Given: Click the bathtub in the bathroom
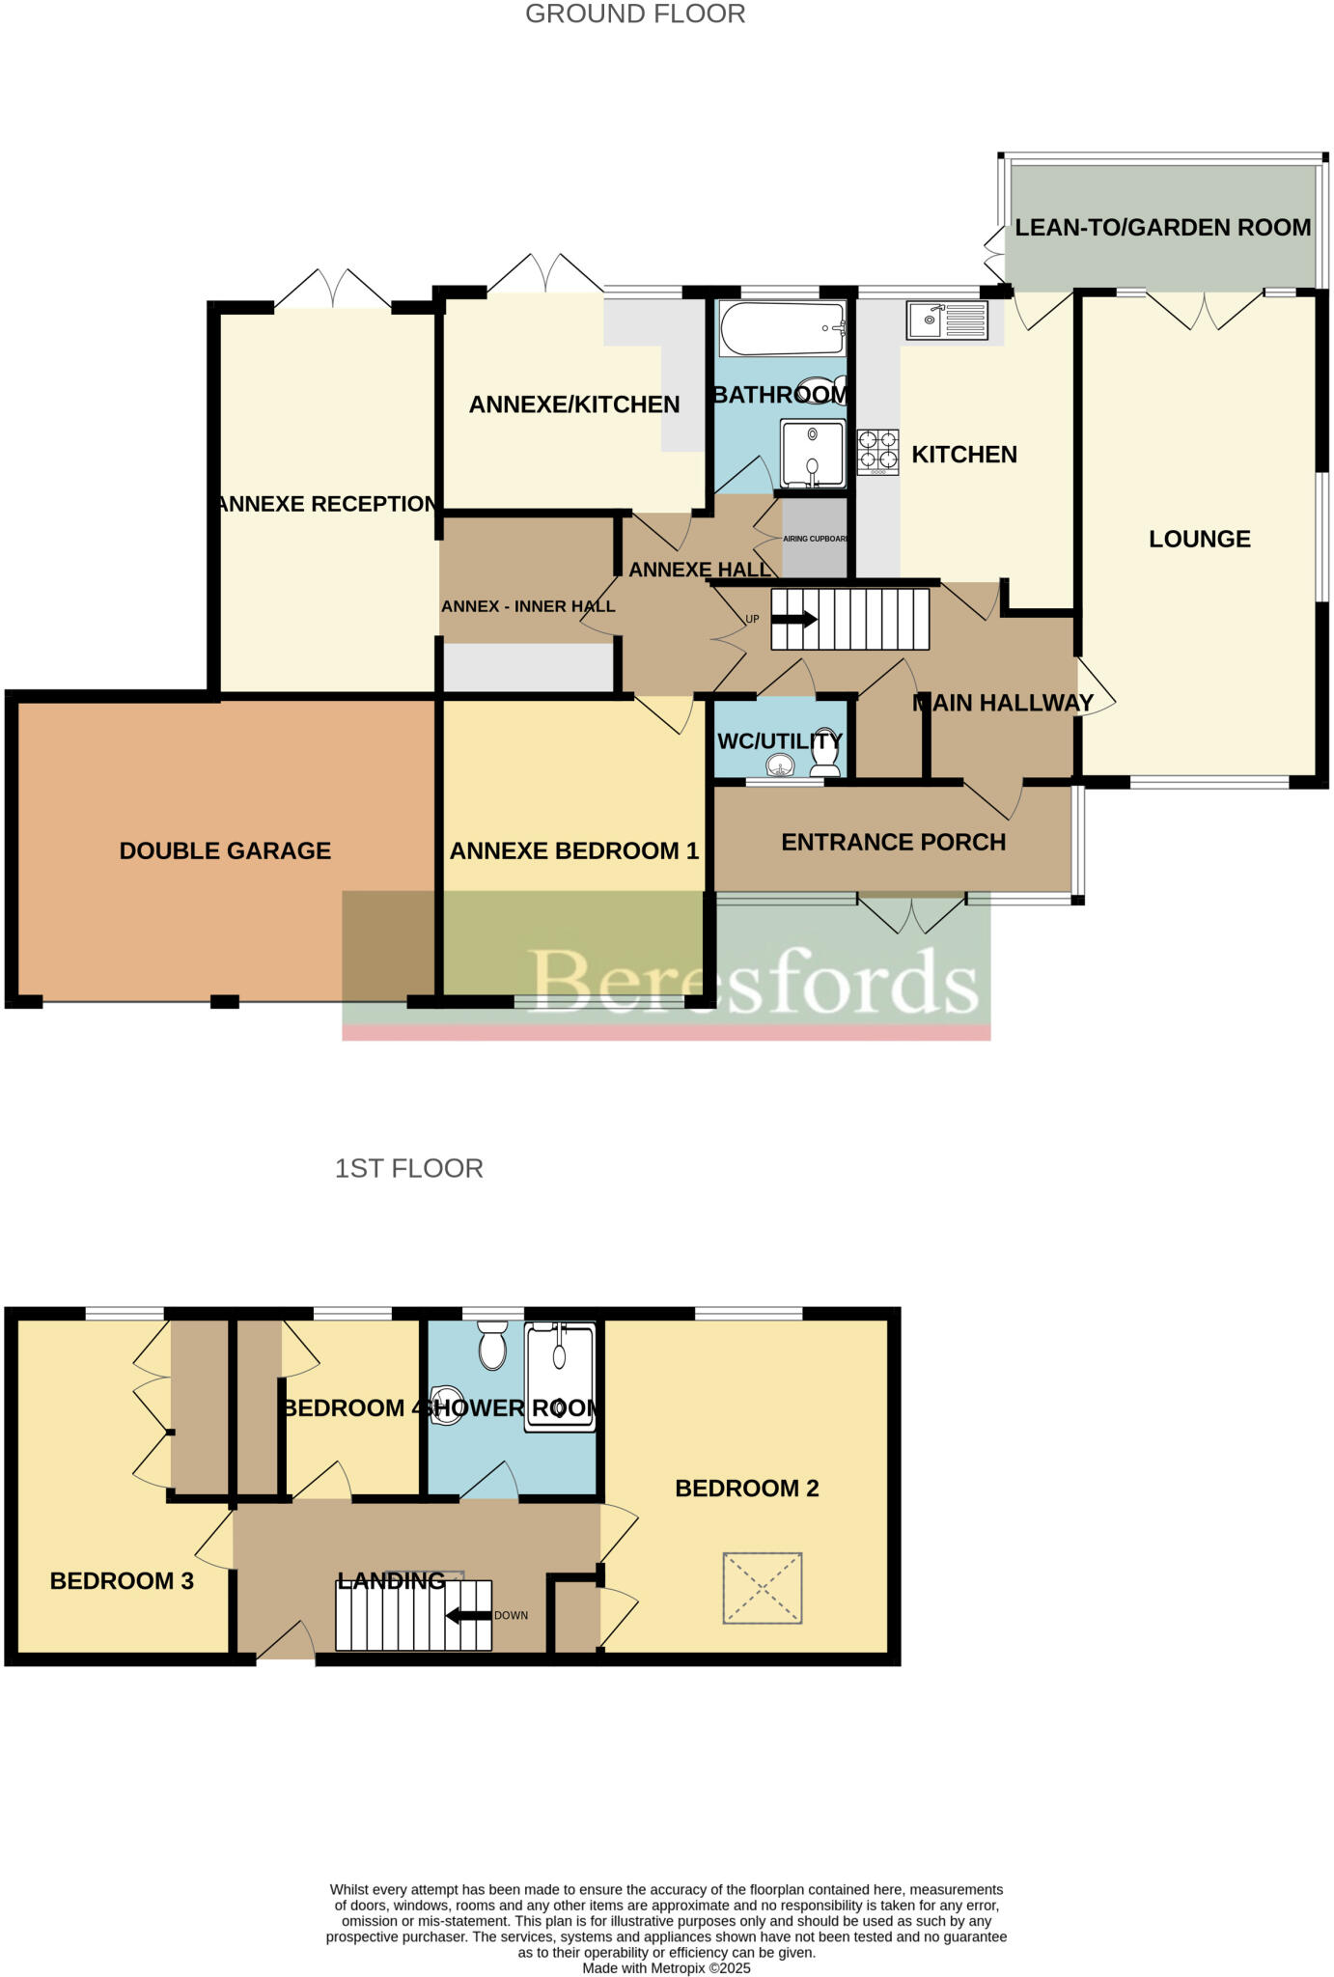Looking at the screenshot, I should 781,328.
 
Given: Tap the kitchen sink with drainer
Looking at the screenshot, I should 947,320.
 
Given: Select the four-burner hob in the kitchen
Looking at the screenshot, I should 877,451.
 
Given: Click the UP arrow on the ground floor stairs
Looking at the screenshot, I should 793,620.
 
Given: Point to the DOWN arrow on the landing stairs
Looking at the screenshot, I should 468,1615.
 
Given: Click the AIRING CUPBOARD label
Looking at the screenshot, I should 815,539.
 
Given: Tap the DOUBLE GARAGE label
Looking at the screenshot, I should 225,850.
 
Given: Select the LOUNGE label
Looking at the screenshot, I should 1199,539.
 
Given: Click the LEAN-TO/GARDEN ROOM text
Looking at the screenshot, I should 1162,228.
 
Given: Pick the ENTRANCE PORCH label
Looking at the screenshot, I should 893,842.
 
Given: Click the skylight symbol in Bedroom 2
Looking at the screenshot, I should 762,1587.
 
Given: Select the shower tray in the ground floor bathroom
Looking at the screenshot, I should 812,453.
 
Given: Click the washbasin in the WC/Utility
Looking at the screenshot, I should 780,766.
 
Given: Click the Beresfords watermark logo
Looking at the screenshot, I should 754,981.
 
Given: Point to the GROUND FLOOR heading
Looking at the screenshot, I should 635,14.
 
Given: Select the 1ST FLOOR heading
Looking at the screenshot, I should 408,1168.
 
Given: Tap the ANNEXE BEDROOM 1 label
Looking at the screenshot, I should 573,850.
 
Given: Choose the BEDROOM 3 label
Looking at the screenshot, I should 122,1580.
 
